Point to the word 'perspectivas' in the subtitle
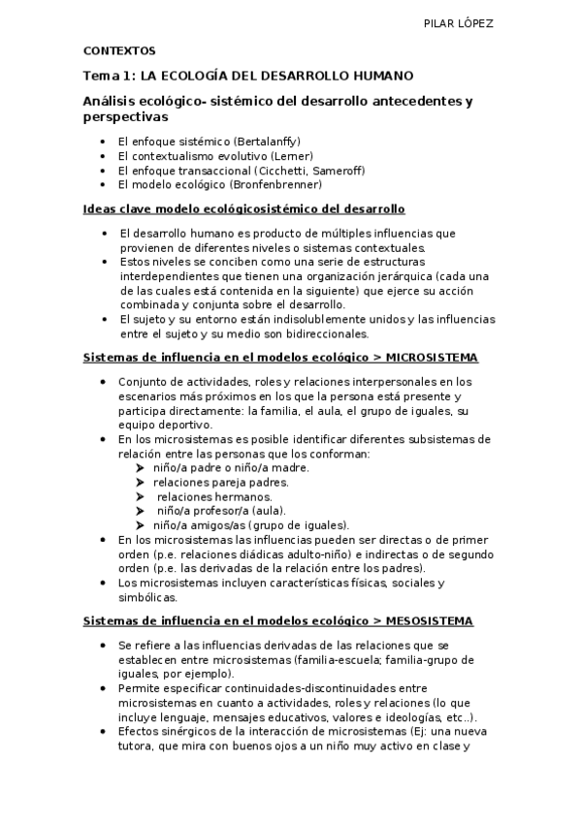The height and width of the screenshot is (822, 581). tap(126, 116)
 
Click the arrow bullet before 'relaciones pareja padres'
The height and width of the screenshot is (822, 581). tap(142, 482)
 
